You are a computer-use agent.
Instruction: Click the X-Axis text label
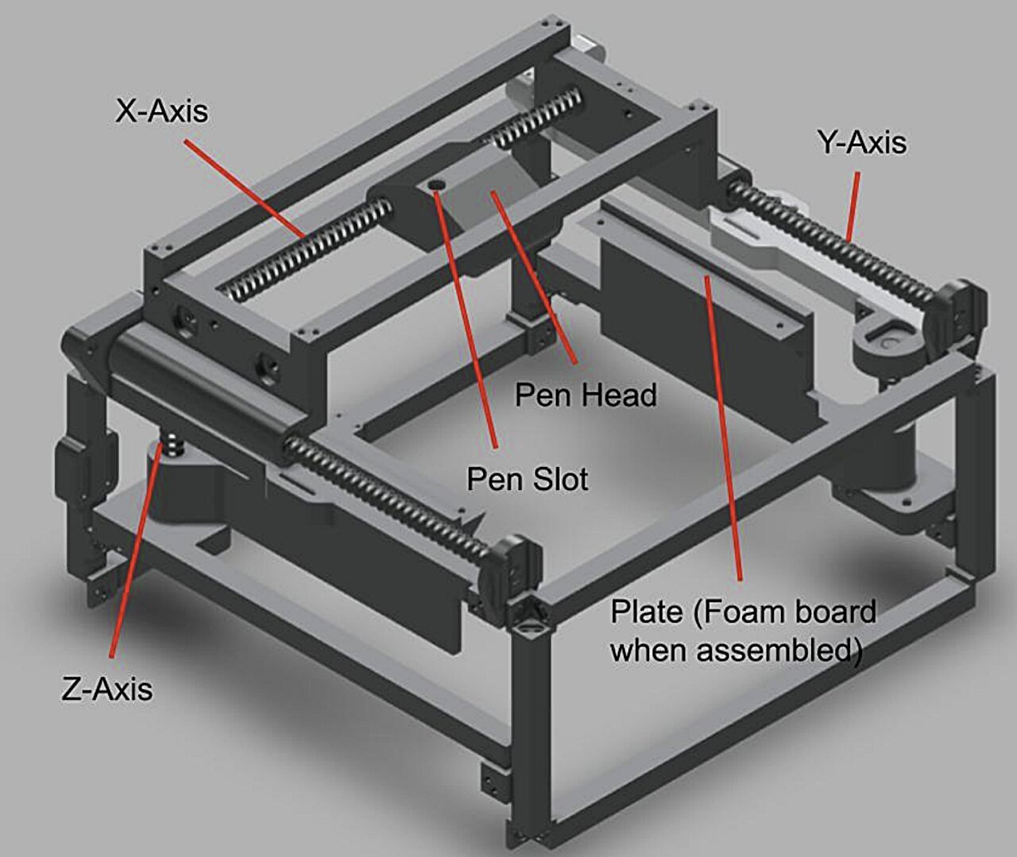point(162,112)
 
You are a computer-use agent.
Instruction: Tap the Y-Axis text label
point(863,143)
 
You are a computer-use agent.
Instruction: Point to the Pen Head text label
point(586,395)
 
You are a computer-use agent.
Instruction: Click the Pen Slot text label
point(528,479)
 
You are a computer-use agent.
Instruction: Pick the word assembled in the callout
point(775,650)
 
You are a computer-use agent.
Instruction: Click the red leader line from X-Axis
point(246,188)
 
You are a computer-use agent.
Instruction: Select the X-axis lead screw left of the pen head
point(304,247)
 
